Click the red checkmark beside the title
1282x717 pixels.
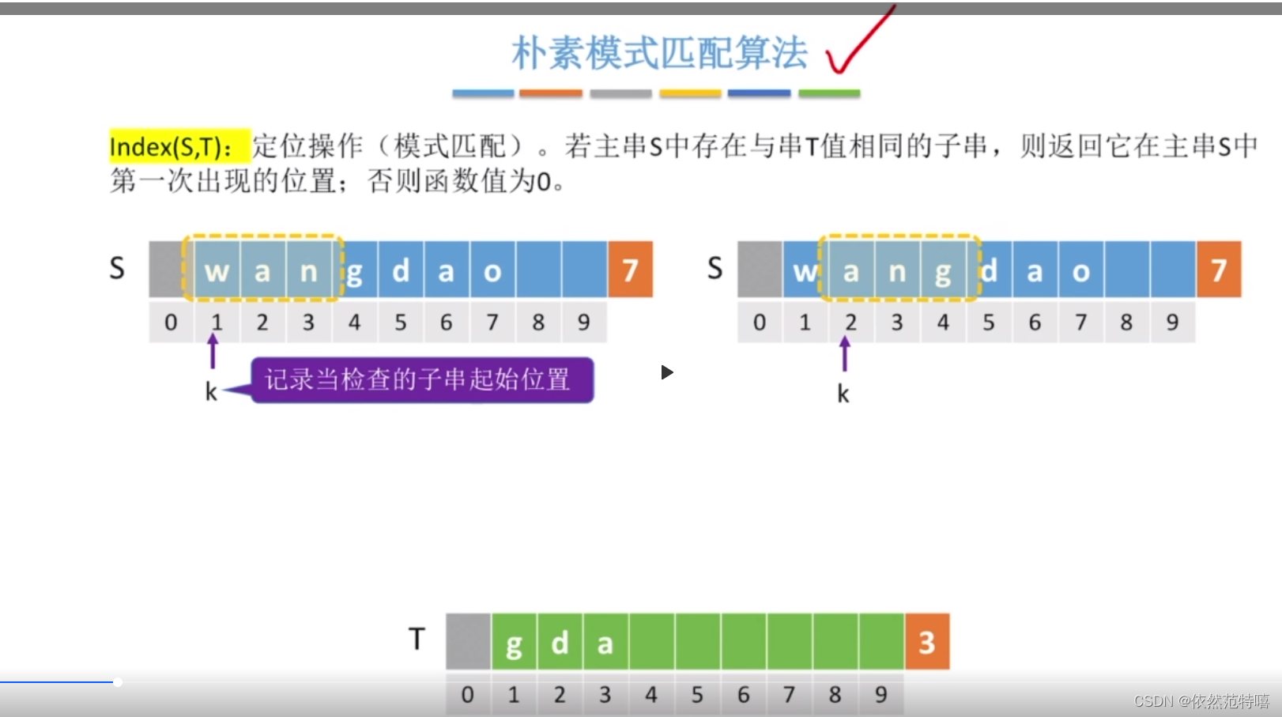(858, 43)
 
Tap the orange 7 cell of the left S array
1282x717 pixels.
(630, 270)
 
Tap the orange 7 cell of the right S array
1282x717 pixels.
(1218, 270)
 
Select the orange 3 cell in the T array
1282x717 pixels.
(926, 642)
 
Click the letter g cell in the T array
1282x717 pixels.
(514, 643)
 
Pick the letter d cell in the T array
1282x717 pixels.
(560, 643)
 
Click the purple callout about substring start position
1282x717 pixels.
(421, 380)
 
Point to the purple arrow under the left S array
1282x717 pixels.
(213, 352)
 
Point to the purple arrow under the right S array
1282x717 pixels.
(845, 353)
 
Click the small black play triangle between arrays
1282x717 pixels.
(667, 372)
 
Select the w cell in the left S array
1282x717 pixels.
(217, 271)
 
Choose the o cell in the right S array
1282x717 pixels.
(1080, 271)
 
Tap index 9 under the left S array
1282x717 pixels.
(583, 322)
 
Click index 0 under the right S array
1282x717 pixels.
(760, 322)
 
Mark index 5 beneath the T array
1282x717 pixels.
(697, 695)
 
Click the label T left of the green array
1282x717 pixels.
(417, 639)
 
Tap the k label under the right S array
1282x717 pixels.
(843, 394)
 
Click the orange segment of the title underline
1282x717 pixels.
(551, 93)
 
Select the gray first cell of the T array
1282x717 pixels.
(468, 642)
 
